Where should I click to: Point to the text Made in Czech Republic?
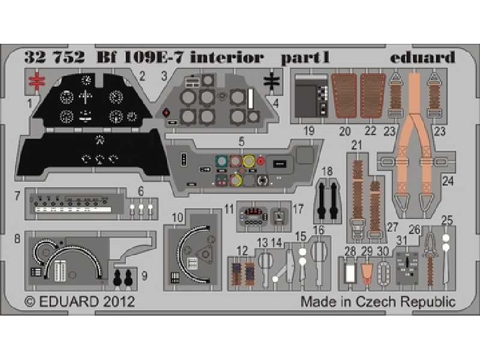click(377, 301)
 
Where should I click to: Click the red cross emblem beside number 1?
click(37, 82)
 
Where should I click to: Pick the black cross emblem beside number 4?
click(271, 82)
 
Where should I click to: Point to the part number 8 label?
click(17, 238)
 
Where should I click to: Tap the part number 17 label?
click(299, 210)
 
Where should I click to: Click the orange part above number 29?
click(367, 273)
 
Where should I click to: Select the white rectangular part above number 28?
click(350, 274)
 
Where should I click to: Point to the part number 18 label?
click(326, 172)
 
